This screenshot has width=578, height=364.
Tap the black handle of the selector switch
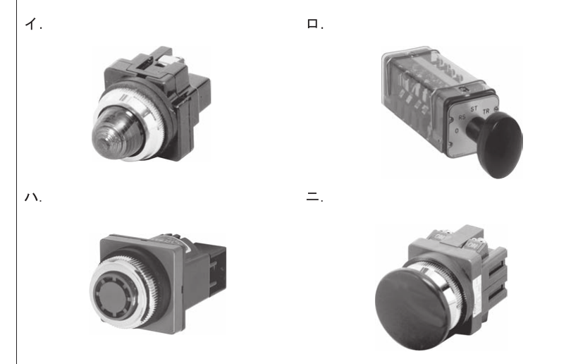point(497,142)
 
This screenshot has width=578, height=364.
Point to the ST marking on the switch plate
point(474,109)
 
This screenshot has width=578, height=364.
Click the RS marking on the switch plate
point(462,117)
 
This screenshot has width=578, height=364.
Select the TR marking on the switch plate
point(486,111)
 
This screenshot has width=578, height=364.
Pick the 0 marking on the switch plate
point(457,131)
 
